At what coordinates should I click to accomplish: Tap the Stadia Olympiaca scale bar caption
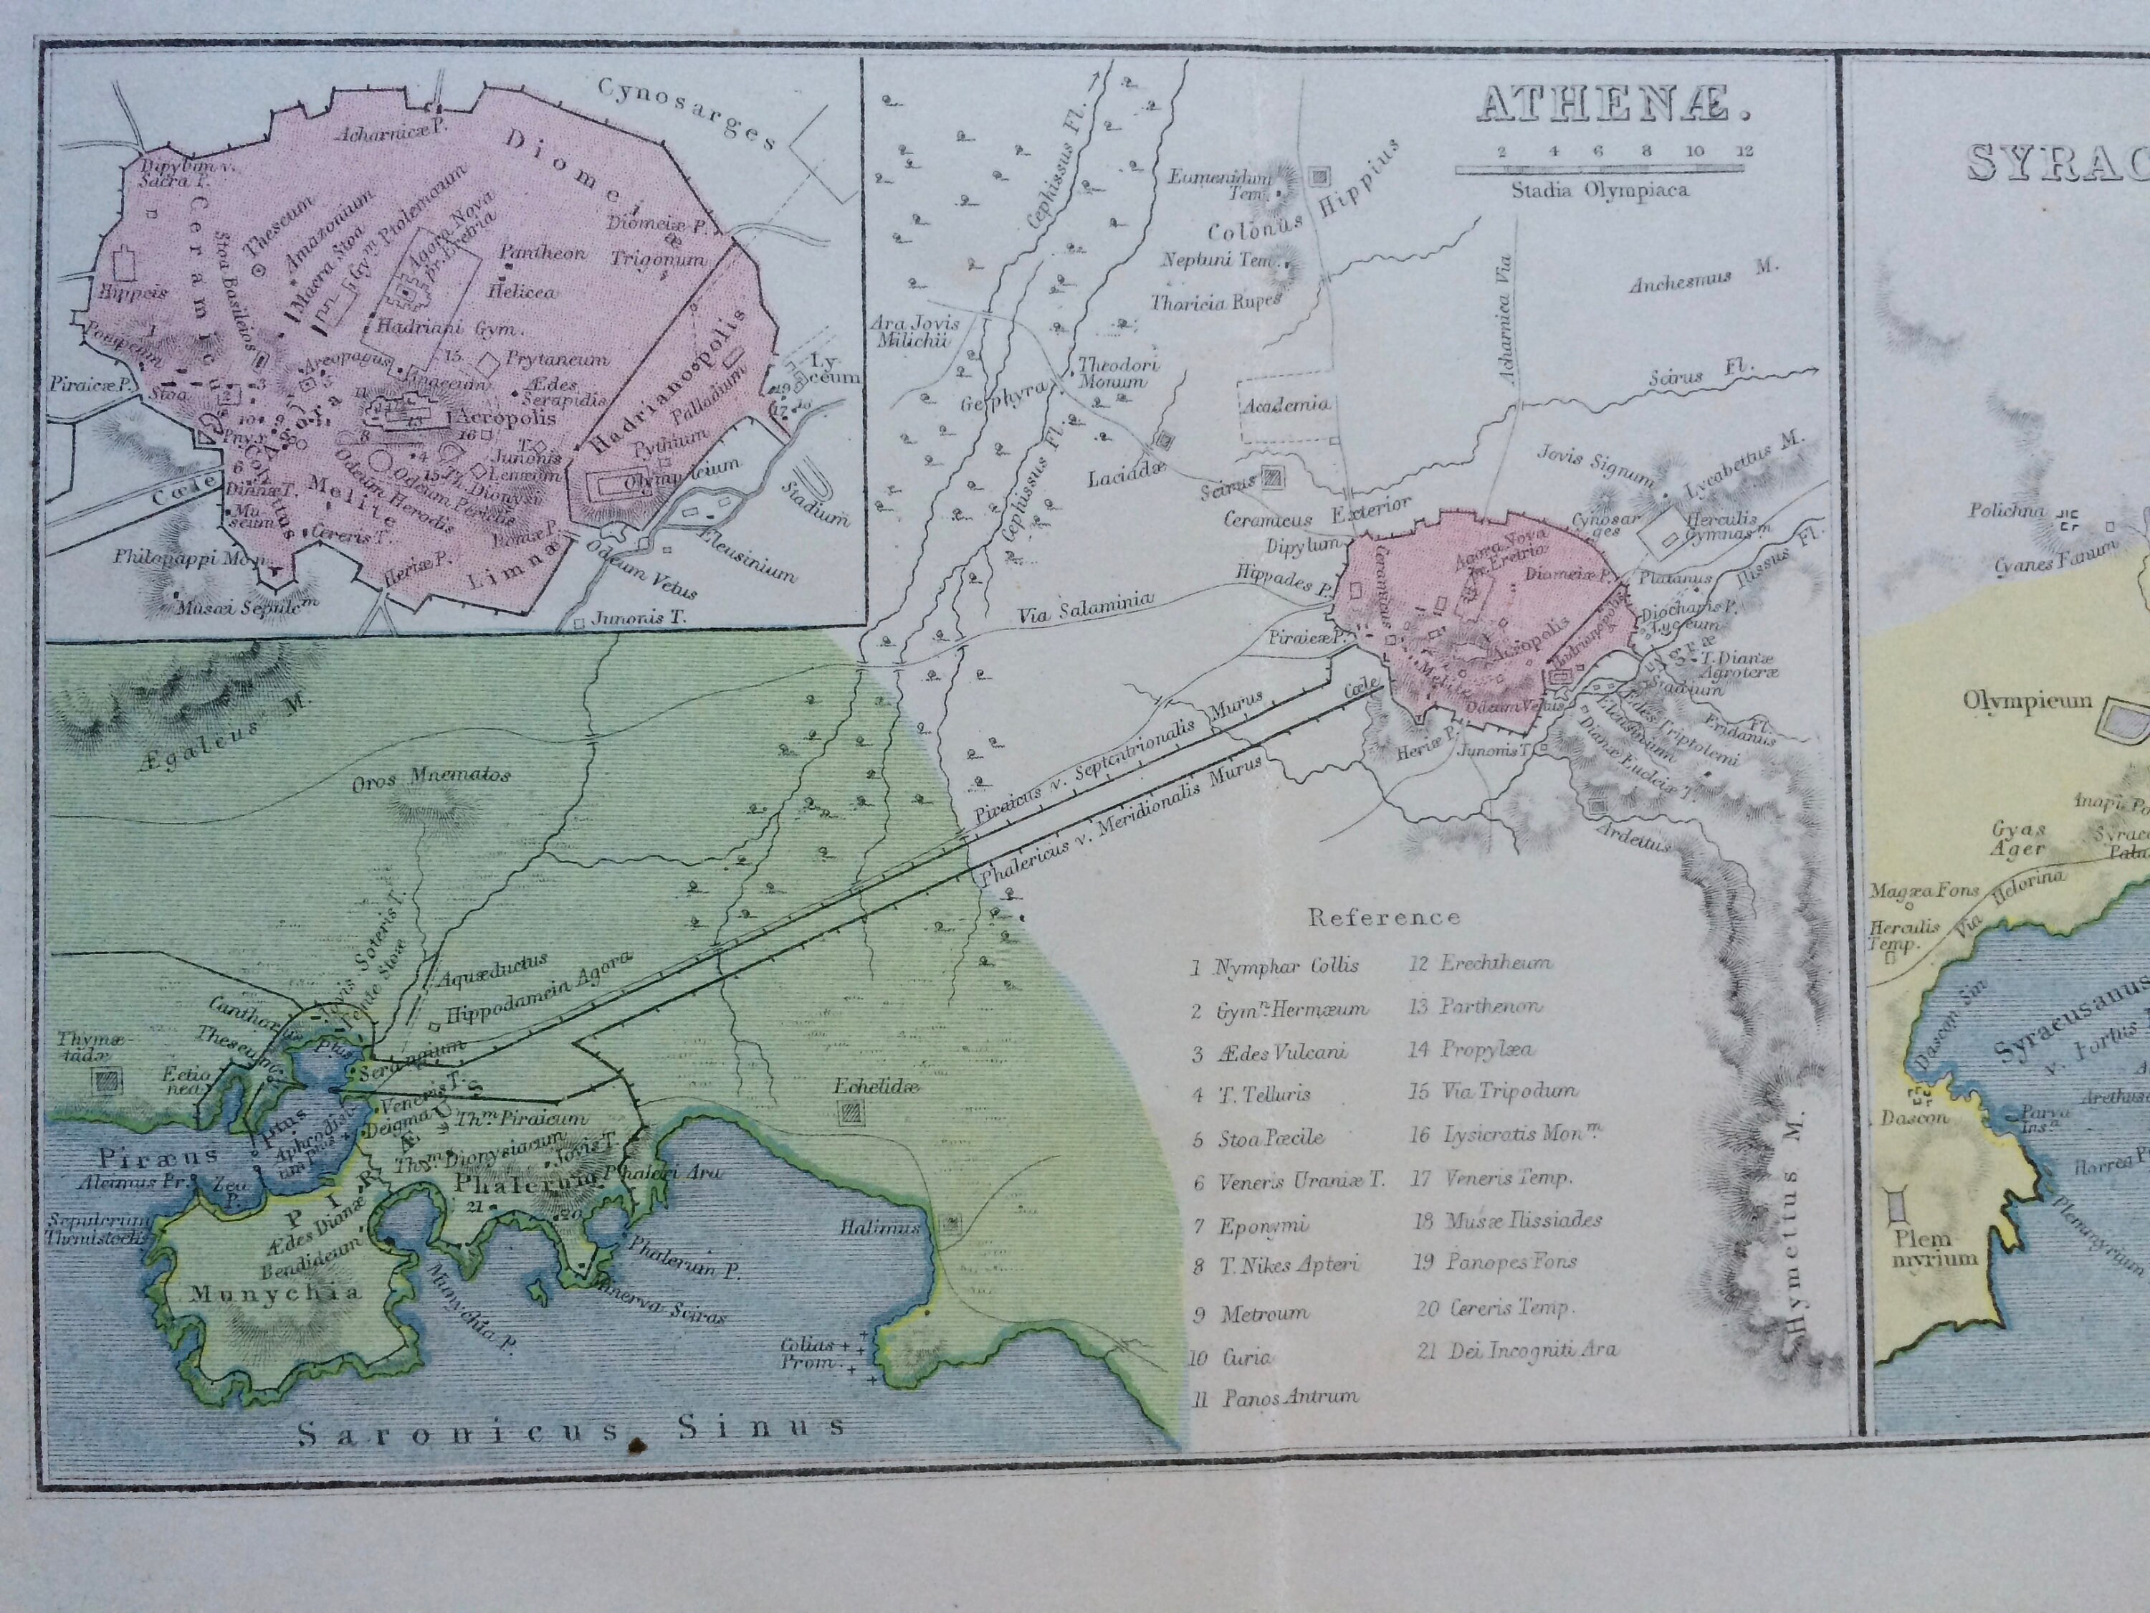1599,189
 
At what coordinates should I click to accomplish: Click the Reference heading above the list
1383,917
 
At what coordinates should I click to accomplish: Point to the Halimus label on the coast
879,1228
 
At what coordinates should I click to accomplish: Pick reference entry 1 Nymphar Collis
1274,966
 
